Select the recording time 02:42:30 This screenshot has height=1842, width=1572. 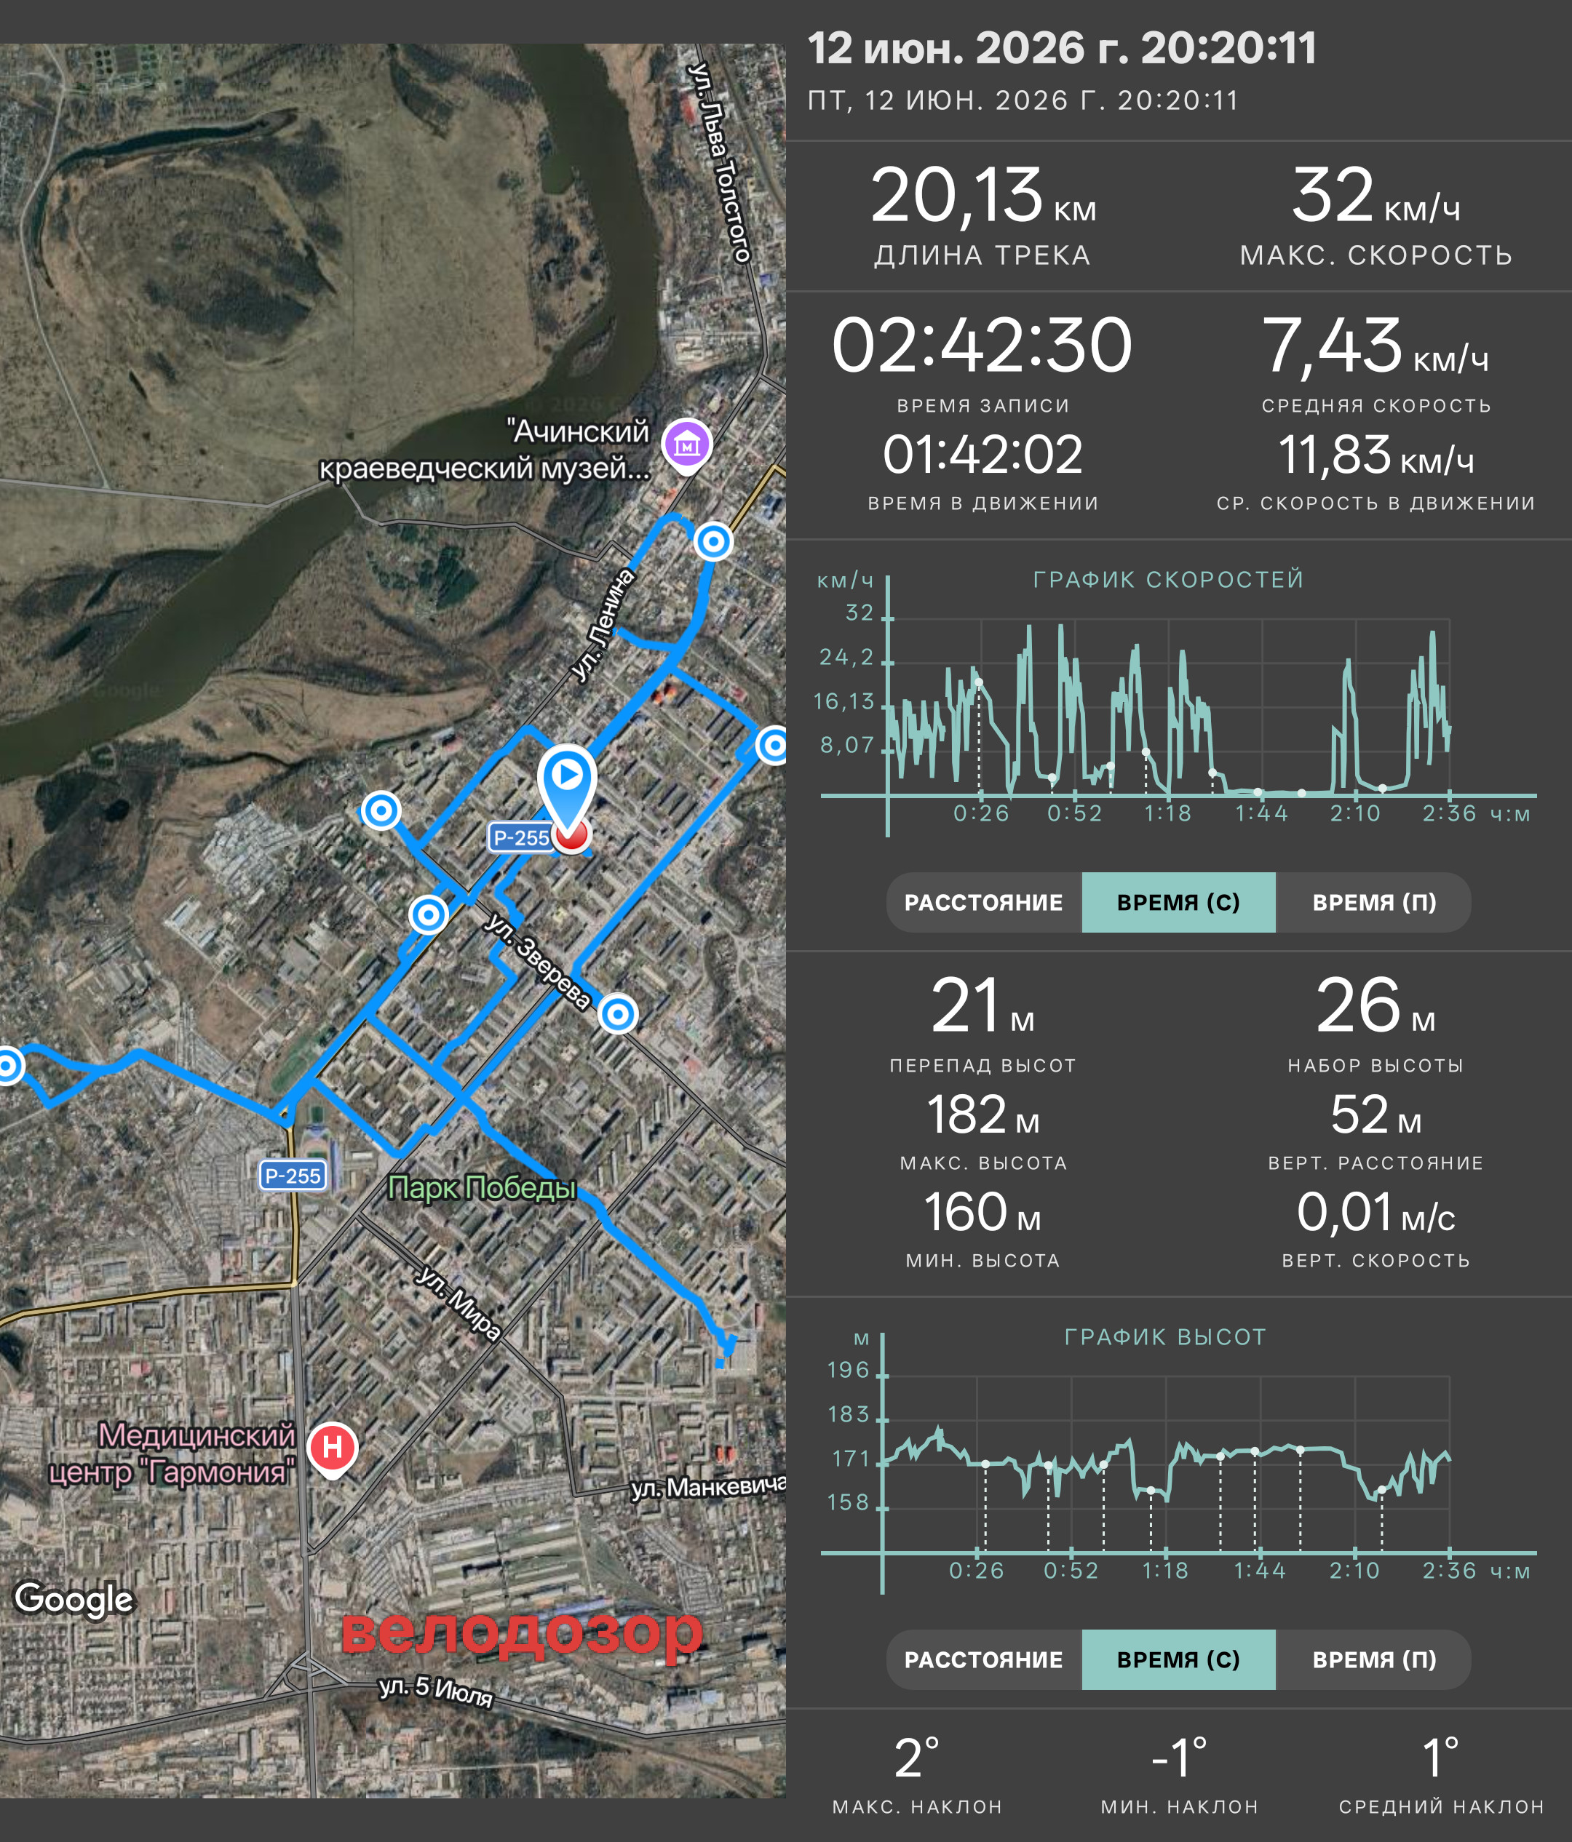tap(982, 345)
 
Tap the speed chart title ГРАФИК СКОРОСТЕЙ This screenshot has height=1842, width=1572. tap(1168, 580)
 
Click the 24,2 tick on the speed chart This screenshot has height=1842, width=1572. tap(846, 657)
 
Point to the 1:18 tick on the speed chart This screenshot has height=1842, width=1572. tap(1167, 813)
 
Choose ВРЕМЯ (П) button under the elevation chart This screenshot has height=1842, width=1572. tap(1374, 1659)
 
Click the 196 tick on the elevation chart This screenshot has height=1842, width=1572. tap(849, 1369)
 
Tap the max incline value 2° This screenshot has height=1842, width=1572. tap(917, 1758)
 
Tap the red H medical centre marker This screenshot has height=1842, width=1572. tap(333, 1448)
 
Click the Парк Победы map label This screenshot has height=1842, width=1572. tap(482, 1188)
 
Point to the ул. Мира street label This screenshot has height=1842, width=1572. tap(458, 1302)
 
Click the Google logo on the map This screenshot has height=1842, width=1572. tap(74, 1598)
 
